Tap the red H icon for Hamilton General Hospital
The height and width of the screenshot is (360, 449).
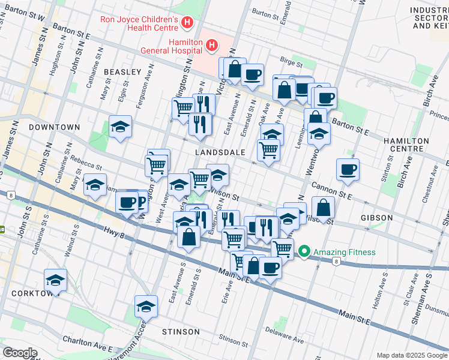211,45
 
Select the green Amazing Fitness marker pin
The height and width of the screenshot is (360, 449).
304,252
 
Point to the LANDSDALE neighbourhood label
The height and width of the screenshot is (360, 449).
220,152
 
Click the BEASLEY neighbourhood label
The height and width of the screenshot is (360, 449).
122,71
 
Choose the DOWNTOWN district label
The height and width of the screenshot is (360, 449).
53,127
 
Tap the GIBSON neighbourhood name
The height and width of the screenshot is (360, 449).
377,217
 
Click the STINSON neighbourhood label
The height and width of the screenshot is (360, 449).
181,331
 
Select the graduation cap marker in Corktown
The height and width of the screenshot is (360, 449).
55,281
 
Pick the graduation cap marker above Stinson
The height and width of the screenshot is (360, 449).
146,307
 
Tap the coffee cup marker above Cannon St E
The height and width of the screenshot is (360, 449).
348,169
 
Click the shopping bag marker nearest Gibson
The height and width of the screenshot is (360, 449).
323,208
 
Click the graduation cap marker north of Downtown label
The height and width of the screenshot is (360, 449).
120,127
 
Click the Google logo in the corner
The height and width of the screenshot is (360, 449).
20,353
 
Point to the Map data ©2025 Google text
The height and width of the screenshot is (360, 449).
411,355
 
